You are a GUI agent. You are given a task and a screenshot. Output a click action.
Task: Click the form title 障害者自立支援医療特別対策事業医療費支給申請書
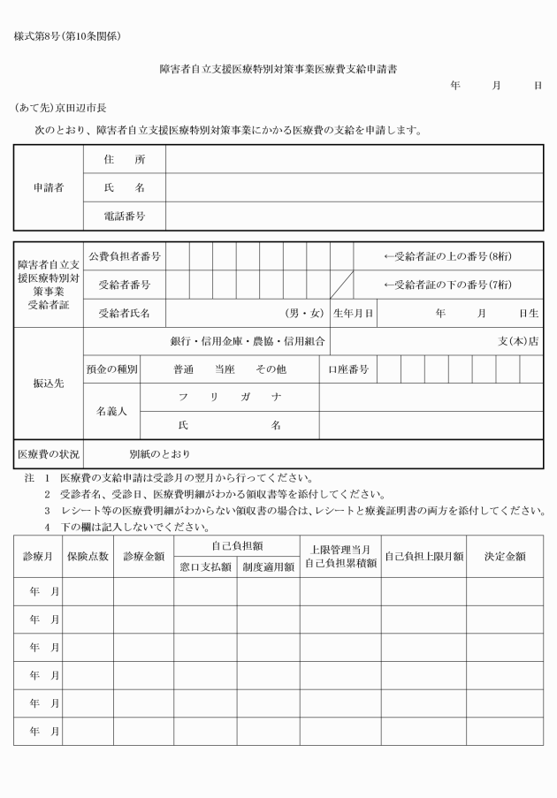pos(278,69)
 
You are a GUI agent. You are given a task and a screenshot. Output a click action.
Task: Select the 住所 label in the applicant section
pos(125,160)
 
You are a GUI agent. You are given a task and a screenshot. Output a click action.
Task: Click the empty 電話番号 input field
pos(354,216)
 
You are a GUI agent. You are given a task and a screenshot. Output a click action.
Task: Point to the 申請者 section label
pos(49,187)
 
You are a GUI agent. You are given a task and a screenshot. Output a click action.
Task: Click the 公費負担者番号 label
pos(125,257)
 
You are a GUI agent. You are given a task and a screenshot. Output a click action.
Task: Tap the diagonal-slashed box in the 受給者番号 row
pos(342,285)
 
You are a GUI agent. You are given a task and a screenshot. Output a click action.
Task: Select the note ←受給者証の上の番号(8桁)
pos(447,257)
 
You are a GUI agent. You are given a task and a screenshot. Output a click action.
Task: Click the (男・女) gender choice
pos(304,313)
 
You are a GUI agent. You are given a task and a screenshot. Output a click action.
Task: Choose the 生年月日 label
pos(354,313)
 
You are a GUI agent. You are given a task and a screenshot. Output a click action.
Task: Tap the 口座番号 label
pos(347,369)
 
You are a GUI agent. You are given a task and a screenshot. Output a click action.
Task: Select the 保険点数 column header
pos(88,556)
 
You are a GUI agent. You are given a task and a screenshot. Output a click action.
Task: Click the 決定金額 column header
pos(505,556)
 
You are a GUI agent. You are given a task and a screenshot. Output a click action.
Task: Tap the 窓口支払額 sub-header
pos(204,566)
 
